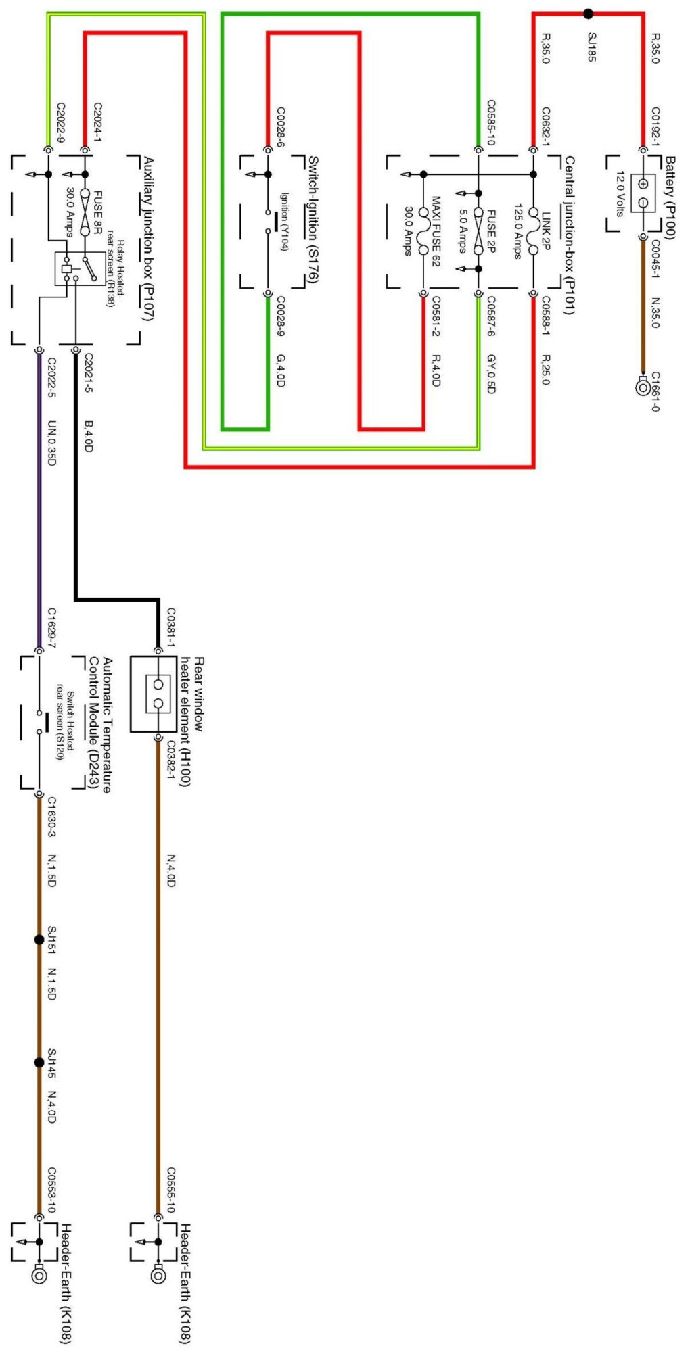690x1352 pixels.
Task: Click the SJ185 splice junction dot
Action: point(588,13)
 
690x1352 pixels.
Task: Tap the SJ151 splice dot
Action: point(39,940)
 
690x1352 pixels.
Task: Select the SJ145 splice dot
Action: point(39,1063)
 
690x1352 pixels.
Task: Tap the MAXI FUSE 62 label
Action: point(436,231)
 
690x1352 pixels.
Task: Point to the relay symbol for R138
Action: point(78,268)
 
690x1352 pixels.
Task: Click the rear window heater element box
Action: point(158,694)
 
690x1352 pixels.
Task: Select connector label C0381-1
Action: point(171,626)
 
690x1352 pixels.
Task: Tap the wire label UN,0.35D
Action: point(52,443)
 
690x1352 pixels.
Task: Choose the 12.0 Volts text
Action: point(618,193)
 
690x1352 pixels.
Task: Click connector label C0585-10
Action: point(491,122)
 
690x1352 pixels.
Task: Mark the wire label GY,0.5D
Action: point(491,374)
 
